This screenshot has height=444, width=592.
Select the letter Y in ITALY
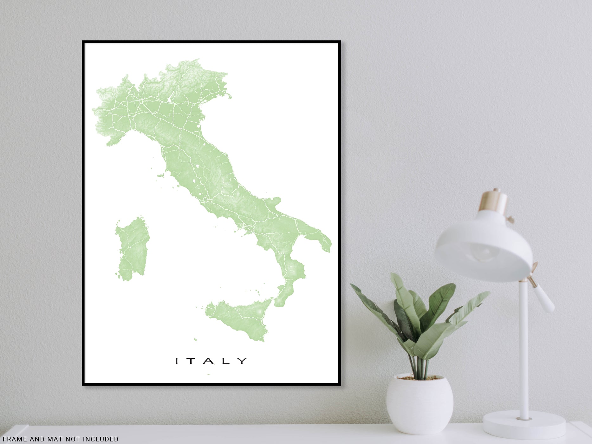click(x=243, y=361)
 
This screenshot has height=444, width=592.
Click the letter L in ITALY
click(x=226, y=361)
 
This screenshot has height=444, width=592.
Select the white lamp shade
click(x=482, y=244)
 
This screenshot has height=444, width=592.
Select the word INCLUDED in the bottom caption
click(x=101, y=439)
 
